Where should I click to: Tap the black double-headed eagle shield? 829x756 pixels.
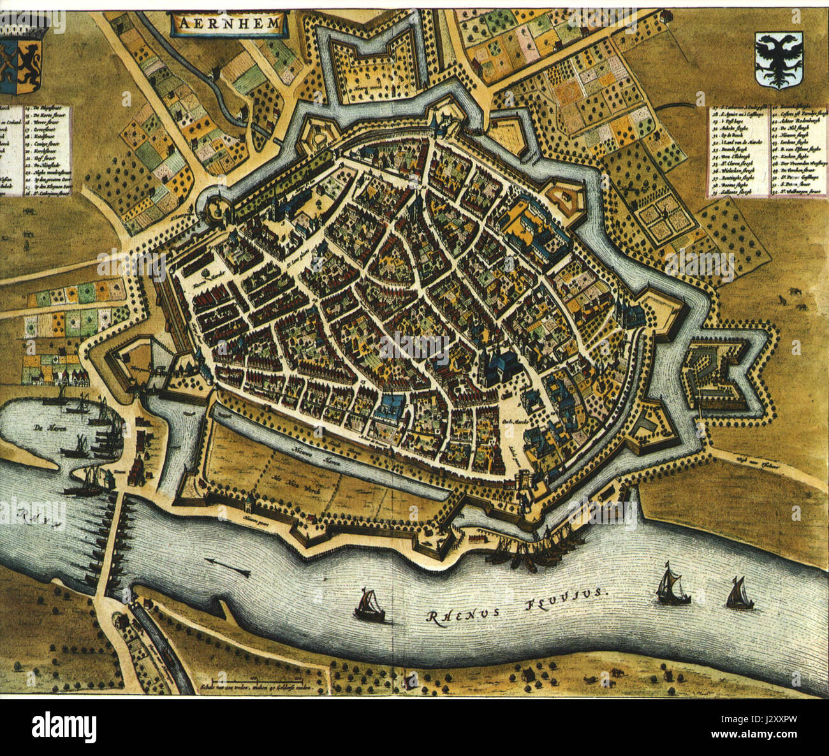click(777, 61)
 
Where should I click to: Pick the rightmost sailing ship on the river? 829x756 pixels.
click(739, 595)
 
